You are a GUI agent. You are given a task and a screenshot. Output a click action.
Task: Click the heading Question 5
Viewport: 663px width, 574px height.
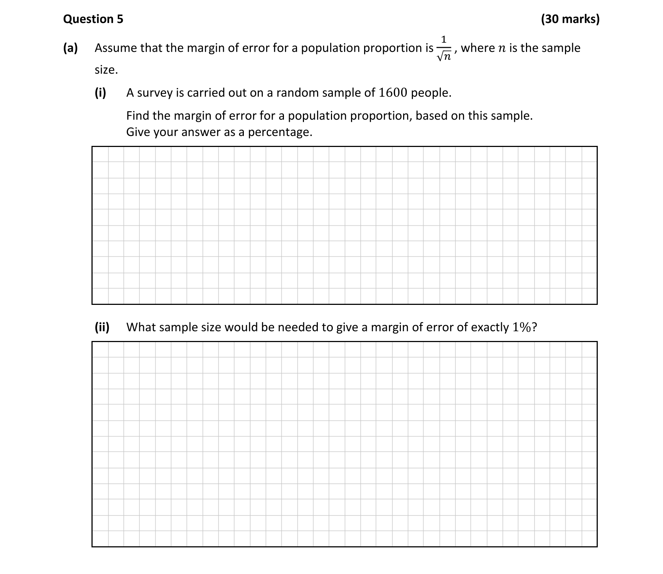[93, 19]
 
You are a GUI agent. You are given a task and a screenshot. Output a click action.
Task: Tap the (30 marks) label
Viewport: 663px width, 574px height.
[570, 19]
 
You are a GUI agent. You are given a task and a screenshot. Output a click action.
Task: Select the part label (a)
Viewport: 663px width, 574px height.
[70, 48]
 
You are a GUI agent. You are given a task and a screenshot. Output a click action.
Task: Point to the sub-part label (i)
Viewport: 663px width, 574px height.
[100, 93]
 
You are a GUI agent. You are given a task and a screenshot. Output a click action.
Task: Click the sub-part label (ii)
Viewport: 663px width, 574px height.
[102, 327]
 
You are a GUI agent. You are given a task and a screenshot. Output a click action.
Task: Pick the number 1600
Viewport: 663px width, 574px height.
[393, 93]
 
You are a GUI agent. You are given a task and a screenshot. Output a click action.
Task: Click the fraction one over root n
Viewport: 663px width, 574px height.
[444, 49]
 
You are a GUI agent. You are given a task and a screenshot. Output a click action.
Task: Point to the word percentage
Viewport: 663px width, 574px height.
[280, 132]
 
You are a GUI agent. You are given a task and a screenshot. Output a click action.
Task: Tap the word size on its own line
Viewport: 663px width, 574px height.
[106, 70]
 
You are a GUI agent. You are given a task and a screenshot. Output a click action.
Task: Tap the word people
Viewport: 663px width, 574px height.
[431, 93]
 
